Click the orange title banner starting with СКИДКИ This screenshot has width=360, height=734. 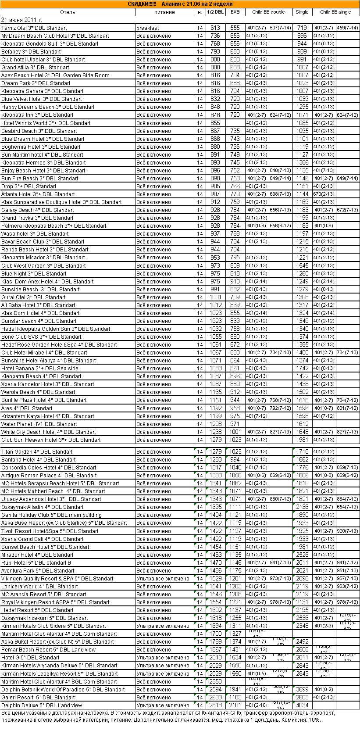coord(180,4)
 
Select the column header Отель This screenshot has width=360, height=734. coord(68,12)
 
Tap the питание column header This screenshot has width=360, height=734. coord(164,12)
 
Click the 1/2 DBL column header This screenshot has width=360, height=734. coord(215,12)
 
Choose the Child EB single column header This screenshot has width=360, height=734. coord(335,12)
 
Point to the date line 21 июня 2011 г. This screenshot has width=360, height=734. coord(22,20)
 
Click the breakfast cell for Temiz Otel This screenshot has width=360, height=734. coord(148,28)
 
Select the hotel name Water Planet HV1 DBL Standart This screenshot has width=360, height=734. coord(39,424)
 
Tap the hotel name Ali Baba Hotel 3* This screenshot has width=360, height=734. coord(38,305)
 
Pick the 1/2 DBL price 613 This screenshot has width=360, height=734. coord(215,28)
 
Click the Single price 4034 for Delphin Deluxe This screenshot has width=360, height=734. coord(302,705)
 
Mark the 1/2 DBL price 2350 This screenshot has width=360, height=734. coord(215,682)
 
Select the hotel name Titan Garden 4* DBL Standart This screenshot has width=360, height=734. coord(37,452)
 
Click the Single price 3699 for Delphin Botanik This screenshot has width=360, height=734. coord(302,690)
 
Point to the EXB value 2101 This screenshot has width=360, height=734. coord(235,705)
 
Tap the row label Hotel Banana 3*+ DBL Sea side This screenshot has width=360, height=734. coord(40,369)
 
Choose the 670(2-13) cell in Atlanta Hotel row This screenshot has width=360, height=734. coord(324,194)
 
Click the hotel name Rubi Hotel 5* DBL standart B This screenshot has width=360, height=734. coord(36,563)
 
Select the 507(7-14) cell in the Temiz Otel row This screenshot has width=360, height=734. coord(281,28)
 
